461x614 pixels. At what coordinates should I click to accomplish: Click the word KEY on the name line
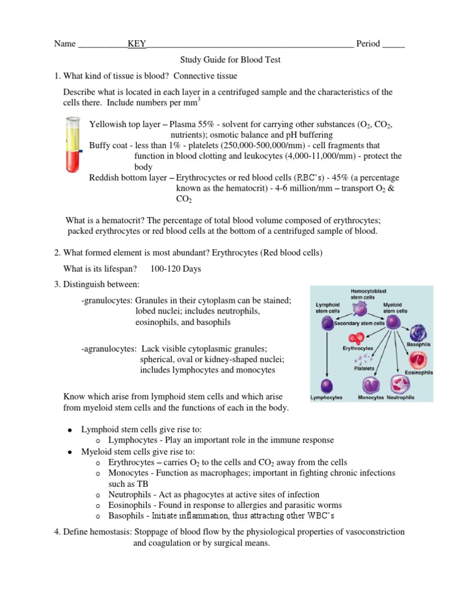coord(137,44)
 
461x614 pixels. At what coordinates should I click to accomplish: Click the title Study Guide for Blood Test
coord(230,60)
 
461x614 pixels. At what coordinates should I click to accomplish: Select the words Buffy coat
coord(110,146)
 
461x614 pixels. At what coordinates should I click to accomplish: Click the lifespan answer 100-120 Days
coord(176,269)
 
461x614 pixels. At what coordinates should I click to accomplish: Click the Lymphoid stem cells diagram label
coord(329,308)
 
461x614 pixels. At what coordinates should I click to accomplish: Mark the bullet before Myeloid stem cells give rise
coord(71,452)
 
